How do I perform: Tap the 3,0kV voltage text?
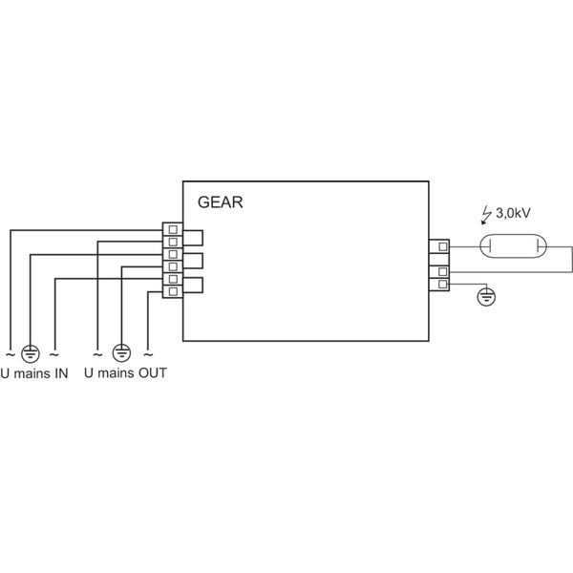pyautogui.click(x=516, y=217)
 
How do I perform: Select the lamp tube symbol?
pyautogui.click(x=515, y=248)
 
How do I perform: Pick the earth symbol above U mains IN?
pyautogui.click(x=31, y=350)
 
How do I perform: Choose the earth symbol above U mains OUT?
pyautogui.click(x=121, y=350)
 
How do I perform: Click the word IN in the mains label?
pyautogui.click(x=59, y=371)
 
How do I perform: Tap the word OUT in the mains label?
pyautogui.click(x=152, y=371)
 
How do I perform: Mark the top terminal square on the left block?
pyautogui.click(x=173, y=230)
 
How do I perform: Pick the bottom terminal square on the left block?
pyautogui.click(x=173, y=291)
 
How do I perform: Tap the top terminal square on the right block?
pyautogui.click(x=443, y=248)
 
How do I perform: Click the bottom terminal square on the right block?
pyautogui.click(x=443, y=285)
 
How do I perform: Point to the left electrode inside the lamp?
pyautogui.click(x=488, y=248)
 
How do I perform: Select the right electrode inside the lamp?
pyautogui.click(x=541, y=248)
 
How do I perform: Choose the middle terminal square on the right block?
pyautogui.click(x=443, y=272)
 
